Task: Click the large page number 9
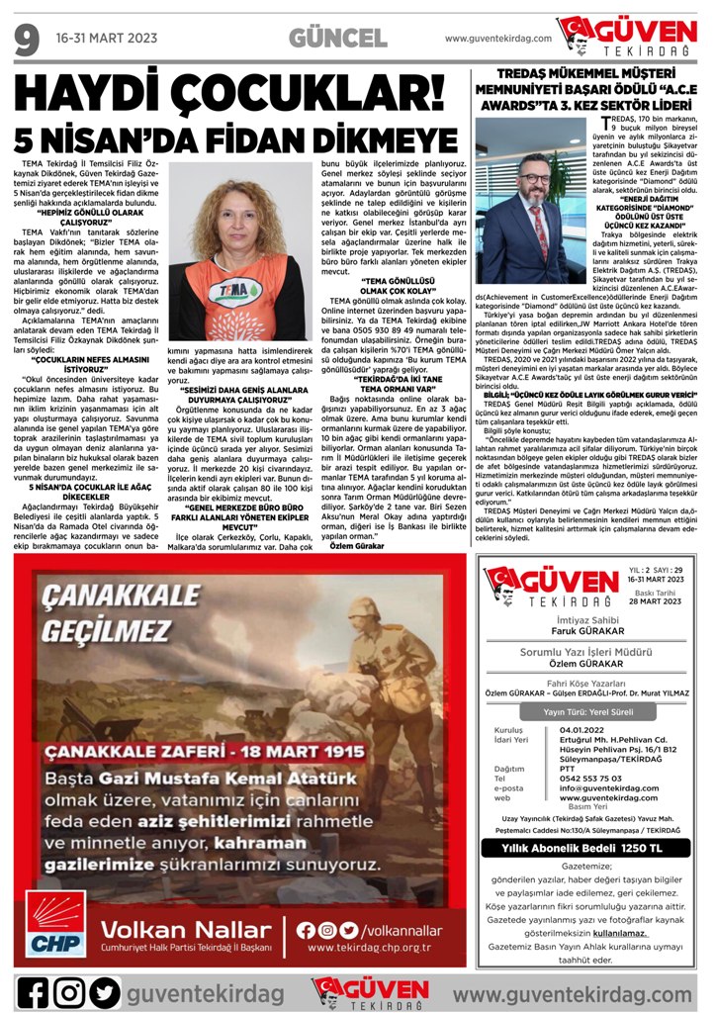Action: [26, 38]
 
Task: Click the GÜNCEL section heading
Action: [337, 38]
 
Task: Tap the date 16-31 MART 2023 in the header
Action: [107, 39]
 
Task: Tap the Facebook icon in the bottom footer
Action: [33, 990]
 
